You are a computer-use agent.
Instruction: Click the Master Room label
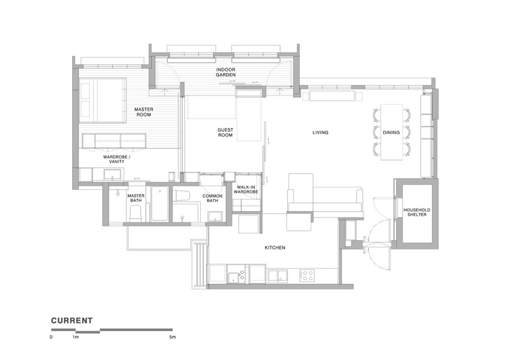144,112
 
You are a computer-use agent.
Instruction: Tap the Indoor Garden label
226,72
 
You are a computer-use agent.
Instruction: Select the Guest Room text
225,132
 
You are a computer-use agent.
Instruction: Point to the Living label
320,132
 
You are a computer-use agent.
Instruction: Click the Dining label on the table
391,132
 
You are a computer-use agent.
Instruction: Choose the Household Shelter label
417,212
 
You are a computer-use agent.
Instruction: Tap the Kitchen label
275,248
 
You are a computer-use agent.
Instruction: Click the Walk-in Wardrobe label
246,189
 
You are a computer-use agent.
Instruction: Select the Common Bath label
212,198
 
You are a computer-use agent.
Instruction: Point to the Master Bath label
136,198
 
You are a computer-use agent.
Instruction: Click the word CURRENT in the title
72,321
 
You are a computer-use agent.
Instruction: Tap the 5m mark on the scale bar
172,337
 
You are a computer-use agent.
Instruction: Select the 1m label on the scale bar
75,337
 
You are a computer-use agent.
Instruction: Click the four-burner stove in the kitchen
307,275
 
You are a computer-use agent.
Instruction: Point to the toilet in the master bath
136,215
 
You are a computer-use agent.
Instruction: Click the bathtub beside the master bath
160,204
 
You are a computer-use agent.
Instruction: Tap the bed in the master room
103,100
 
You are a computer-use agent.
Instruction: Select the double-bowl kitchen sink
278,276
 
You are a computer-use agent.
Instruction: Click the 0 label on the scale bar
51,337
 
